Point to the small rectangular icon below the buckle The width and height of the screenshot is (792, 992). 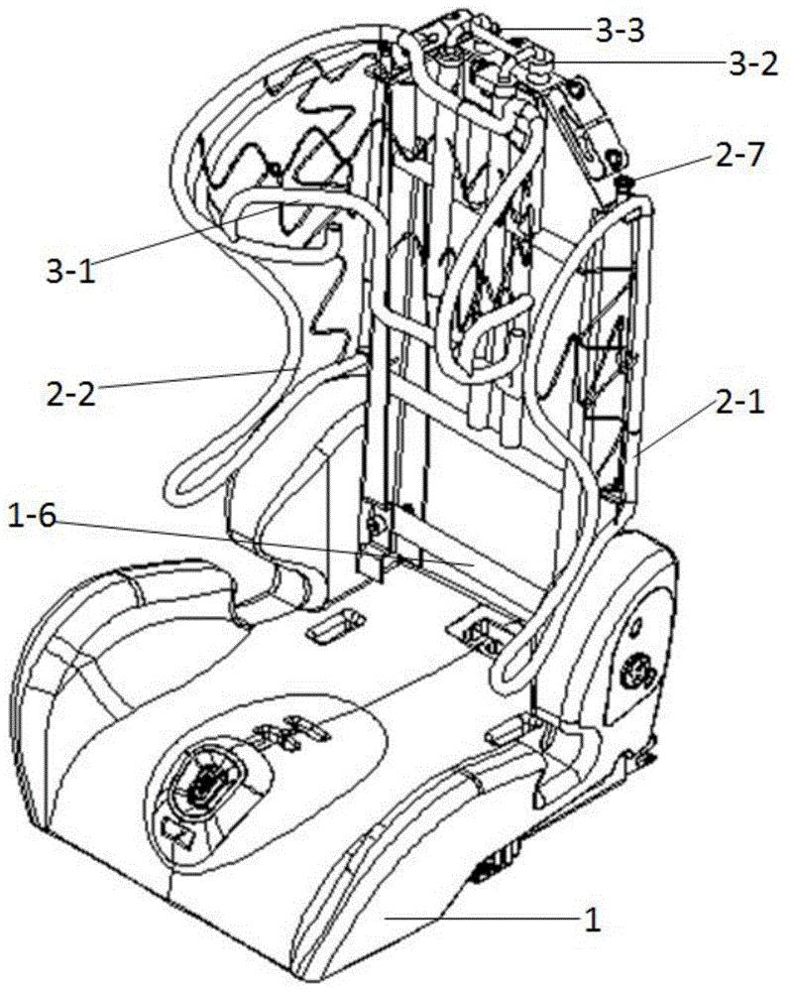pos(176,834)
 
